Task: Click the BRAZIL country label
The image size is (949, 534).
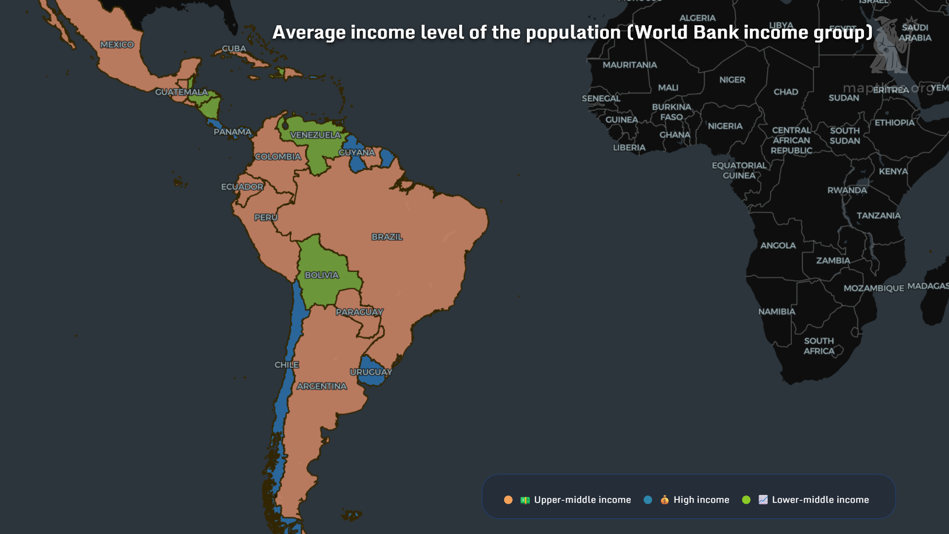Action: (x=387, y=237)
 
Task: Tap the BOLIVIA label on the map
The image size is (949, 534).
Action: (x=321, y=275)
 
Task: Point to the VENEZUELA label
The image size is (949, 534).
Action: (x=315, y=135)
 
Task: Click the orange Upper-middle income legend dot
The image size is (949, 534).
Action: (x=508, y=500)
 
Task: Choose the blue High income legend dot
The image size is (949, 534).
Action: (x=647, y=500)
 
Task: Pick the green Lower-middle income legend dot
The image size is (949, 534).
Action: (x=746, y=500)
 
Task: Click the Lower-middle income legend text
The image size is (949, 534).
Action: (x=820, y=500)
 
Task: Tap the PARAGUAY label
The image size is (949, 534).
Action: (x=359, y=312)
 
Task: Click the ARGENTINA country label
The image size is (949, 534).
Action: (x=322, y=386)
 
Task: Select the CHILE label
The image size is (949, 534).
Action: (x=287, y=365)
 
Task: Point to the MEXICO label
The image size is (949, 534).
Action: (x=117, y=44)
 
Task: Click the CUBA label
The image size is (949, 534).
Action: (x=234, y=48)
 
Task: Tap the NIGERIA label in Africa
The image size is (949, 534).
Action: (x=725, y=126)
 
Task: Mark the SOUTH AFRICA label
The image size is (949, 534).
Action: (x=819, y=346)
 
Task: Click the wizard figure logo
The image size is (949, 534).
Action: (x=891, y=45)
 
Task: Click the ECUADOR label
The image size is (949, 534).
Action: (x=242, y=187)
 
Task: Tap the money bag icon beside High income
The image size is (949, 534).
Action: (x=664, y=500)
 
